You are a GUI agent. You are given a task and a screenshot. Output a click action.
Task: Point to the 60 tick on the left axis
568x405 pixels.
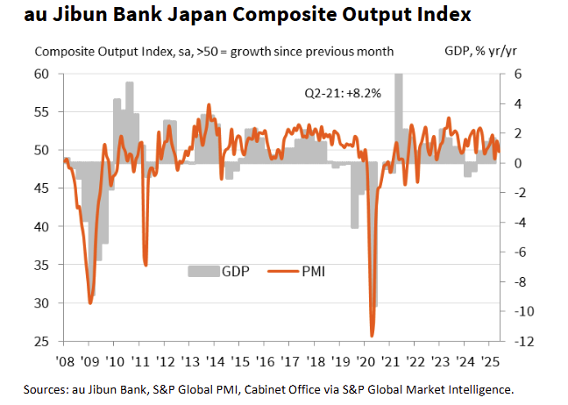[x=43, y=74]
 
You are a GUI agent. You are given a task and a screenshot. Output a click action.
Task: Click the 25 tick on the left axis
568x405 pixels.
[x=43, y=341]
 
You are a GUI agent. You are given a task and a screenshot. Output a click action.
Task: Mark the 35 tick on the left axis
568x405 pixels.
[x=43, y=265]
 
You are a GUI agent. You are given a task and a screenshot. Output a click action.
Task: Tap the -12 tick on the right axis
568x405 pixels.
[x=516, y=341]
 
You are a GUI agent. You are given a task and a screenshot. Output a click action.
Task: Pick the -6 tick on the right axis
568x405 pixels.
[x=516, y=252]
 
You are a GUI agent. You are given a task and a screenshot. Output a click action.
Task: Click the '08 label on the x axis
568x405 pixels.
[x=65, y=360]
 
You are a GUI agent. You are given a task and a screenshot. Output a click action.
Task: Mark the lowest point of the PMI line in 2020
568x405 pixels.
[x=372, y=335]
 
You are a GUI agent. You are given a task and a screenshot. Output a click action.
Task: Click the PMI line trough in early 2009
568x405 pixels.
[x=90, y=302]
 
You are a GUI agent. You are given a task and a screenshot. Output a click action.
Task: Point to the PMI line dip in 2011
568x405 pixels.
[x=146, y=264]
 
